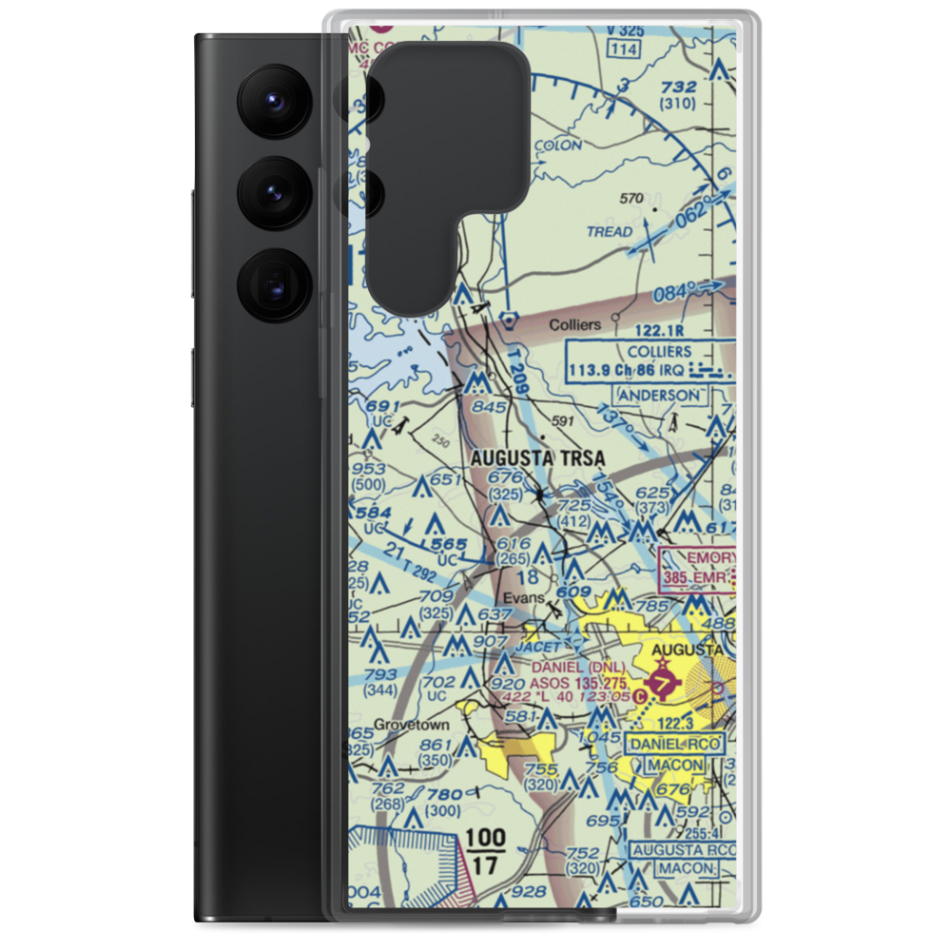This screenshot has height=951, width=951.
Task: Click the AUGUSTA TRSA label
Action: [538, 457]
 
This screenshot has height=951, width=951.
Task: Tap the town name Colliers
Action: [575, 325]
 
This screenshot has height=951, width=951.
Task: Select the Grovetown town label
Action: [412, 724]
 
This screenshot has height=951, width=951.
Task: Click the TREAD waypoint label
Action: [609, 231]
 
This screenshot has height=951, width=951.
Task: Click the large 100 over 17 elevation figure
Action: [486, 850]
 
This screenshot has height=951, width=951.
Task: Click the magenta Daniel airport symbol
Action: [662, 683]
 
